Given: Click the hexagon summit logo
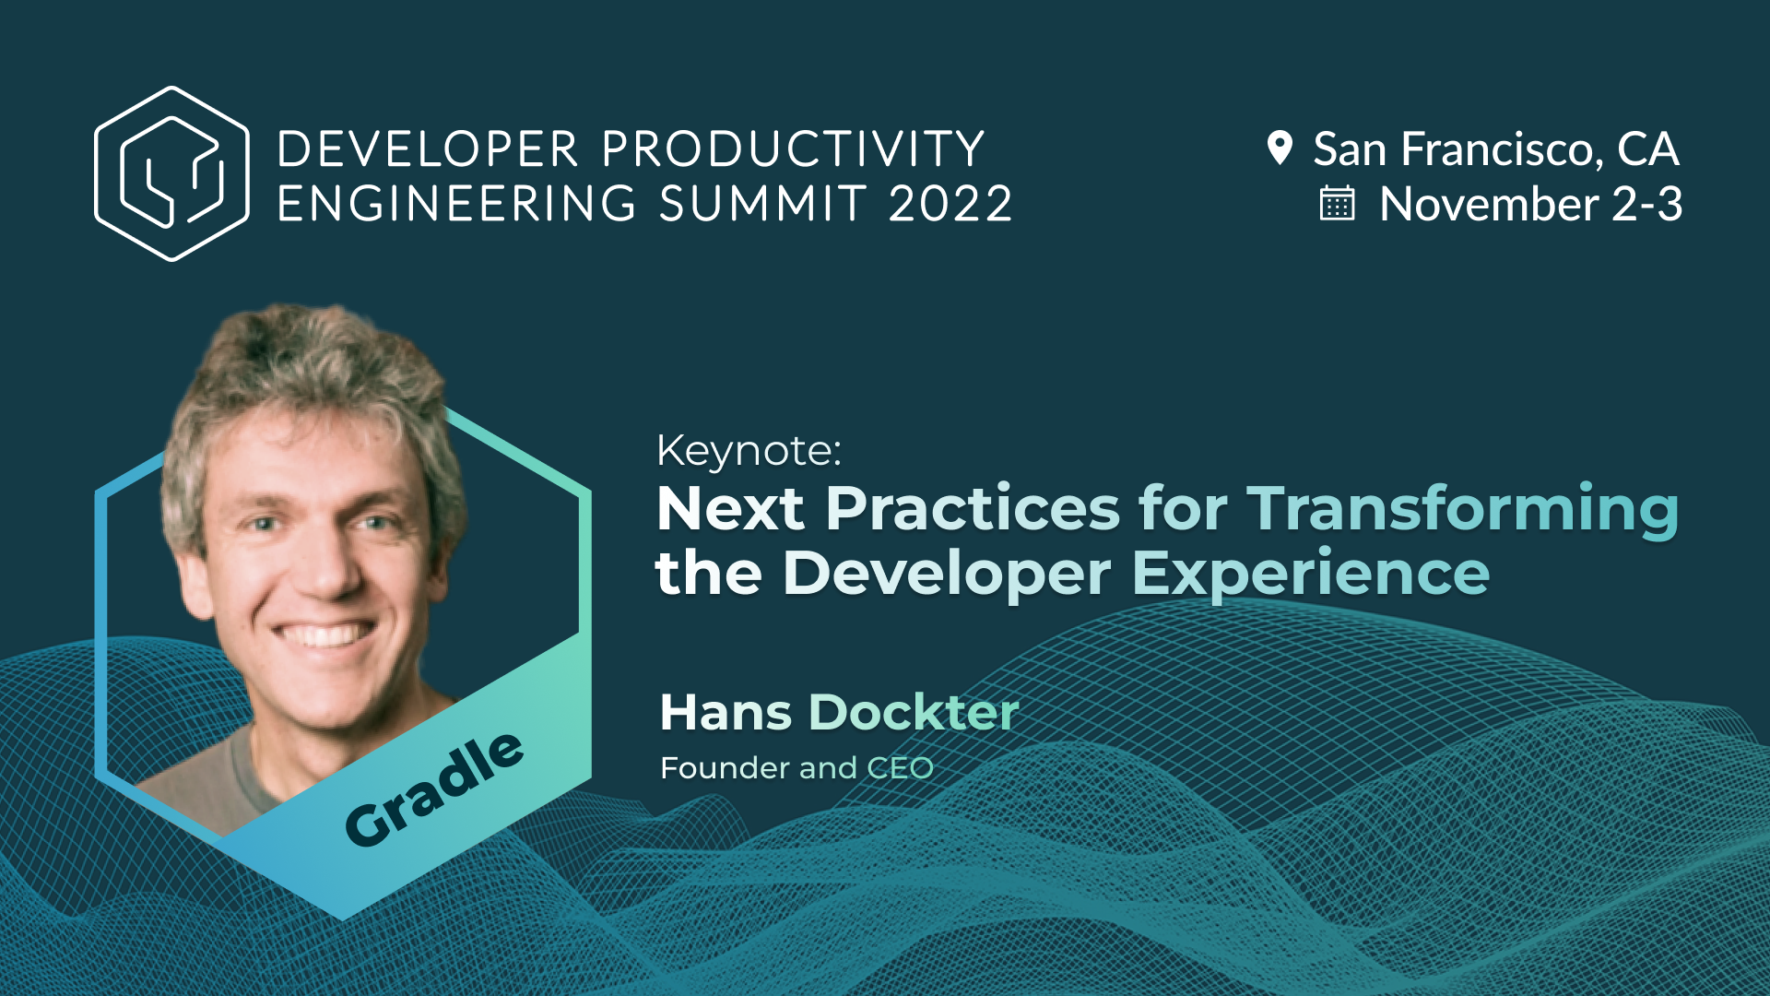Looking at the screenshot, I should (171, 173).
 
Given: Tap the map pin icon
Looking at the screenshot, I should (1280, 148).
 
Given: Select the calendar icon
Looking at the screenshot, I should (1337, 204).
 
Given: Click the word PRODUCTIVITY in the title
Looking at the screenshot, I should (794, 149).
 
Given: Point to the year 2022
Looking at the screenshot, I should (950, 204).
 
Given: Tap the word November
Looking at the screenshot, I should (1489, 204).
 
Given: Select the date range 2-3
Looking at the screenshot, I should (1646, 204).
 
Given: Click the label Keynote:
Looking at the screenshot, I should (749, 451).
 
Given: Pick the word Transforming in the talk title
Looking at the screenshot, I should (1462, 508).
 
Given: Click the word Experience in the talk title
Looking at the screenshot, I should (1310, 574).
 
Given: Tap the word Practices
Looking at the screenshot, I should (972, 508).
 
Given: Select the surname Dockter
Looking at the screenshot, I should (913, 712).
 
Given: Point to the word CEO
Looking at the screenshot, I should (900, 768).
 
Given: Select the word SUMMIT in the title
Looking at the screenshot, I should (762, 204).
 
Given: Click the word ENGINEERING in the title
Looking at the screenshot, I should (456, 204).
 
